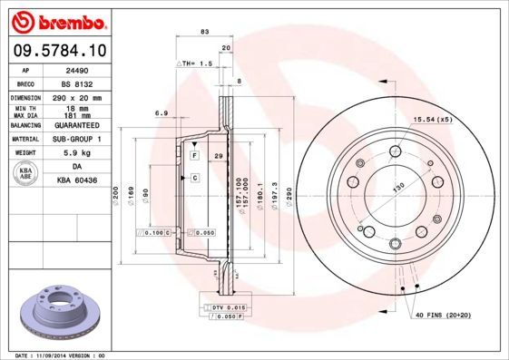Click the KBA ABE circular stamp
[x=24, y=173]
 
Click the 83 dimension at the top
[x=204, y=32]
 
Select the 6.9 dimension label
[x=161, y=112]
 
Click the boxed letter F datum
[x=193, y=157]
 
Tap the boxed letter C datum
[x=193, y=178]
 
